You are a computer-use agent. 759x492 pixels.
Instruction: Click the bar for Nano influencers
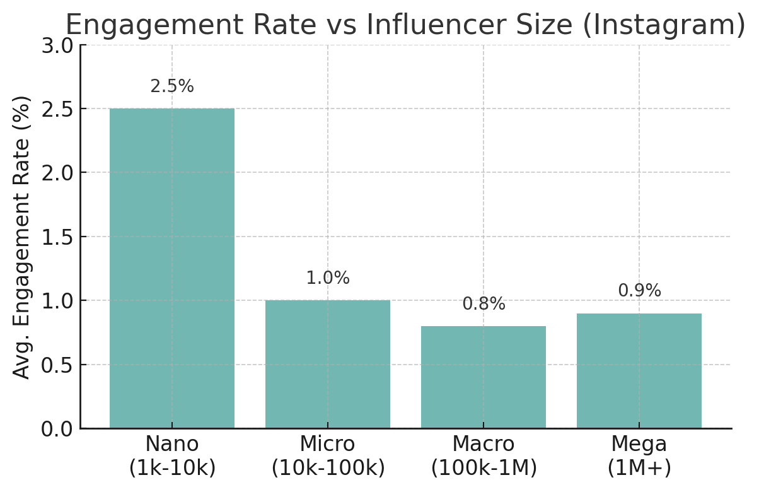click(172, 268)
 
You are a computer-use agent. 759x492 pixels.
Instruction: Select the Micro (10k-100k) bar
click(328, 364)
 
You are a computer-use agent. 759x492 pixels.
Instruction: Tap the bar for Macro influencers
click(484, 377)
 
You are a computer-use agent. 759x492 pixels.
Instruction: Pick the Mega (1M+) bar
click(639, 371)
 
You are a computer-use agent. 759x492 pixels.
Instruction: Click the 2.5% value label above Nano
click(172, 86)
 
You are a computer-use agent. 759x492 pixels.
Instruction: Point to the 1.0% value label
click(328, 278)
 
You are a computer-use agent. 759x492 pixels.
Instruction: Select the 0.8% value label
click(484, 304)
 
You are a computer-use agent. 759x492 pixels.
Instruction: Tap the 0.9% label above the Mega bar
click(639, 291)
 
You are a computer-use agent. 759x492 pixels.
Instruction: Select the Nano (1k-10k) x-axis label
click(172, 456)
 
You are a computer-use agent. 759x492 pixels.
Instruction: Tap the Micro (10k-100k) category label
click(328, 456)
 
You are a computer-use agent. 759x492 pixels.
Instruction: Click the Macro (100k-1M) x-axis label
click(484, 456)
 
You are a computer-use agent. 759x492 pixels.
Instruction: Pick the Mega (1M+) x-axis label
click(639, 456)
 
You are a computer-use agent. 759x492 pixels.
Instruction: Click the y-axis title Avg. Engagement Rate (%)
click(22, 237)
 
